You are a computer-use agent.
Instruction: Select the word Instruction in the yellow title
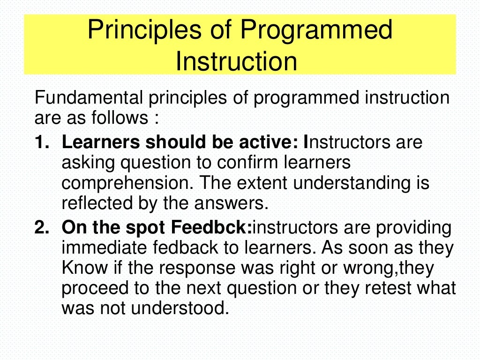click(236, 61)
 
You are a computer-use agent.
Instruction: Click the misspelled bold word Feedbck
click(211, 228)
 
